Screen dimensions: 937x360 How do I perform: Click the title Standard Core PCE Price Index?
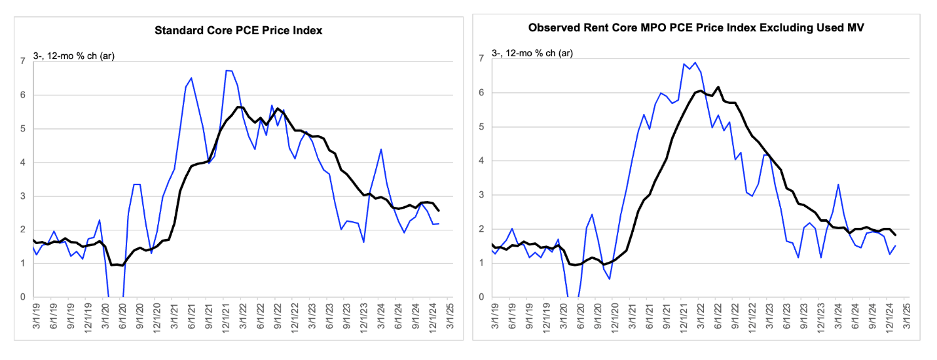238,31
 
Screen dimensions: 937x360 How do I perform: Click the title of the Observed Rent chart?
696,27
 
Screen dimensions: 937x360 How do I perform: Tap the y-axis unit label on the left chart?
73,56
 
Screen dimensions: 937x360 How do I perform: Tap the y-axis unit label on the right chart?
532,53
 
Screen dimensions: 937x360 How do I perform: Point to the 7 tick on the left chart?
23,62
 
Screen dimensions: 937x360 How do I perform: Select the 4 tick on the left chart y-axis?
23,162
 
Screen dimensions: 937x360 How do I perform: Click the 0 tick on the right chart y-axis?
481,297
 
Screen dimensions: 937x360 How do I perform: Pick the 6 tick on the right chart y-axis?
481,92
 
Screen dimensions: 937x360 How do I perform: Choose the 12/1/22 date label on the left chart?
295,317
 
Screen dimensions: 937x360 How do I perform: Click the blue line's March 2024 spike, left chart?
381,149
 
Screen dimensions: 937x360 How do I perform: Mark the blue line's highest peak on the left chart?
229,70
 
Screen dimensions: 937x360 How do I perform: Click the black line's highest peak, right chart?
718,87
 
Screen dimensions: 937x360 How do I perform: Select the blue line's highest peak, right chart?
695,63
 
